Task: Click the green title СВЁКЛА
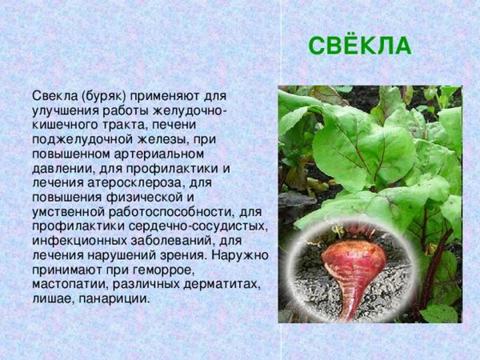click(x=360, y=46)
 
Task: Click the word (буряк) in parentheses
click(x=104, y=97)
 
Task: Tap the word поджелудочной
click(x=82, y=140)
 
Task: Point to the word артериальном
click(x=158, y=154)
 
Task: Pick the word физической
click(x=143, y=198)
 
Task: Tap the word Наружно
click(x=240, y=255)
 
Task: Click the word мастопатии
click(x=70, y=285)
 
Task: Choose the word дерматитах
click(x=222, y=285)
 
